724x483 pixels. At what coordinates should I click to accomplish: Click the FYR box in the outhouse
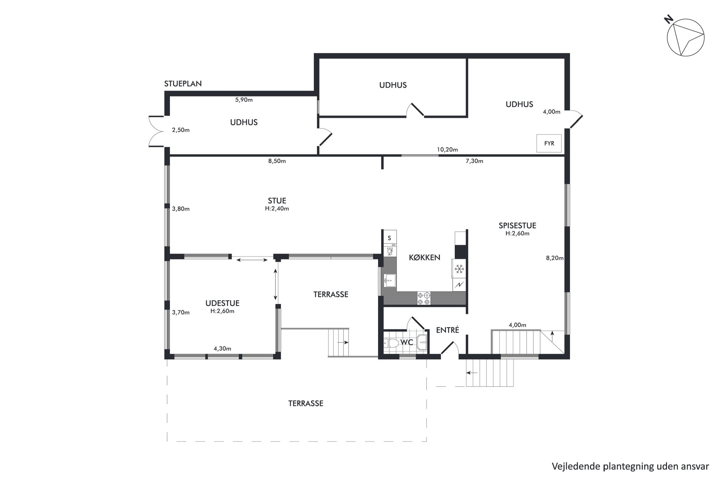[x=549, y=143]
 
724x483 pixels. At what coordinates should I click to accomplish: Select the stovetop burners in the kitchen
[x=424, y=298]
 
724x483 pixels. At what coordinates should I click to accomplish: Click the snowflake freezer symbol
[x=459, y=269]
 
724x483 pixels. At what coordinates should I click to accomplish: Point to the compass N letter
[x=669, y=19]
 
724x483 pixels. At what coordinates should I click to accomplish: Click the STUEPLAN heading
[x=183, y=84]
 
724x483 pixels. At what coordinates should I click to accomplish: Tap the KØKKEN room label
[x=424, y=257]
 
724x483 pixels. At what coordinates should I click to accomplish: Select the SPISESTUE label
[x=517, y=226]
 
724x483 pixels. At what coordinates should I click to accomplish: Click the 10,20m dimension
[x=447, y=149]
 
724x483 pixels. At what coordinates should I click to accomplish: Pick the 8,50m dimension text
[x=277, y=161]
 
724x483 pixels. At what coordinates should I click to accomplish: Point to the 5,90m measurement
[x=244, y=100]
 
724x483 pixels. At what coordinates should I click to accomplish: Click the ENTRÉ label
[x=447, y=330]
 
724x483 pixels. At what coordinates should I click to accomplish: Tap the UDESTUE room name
[x=222, y=303]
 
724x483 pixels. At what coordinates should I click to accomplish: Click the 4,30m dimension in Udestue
[x=222, y=349]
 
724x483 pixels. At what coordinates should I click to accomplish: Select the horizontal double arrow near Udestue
[x=252, y=260]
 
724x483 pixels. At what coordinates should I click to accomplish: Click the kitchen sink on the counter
[x=390, y=280]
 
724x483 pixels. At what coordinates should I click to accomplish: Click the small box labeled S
[x=390, y=238]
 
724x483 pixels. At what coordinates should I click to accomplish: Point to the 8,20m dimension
[x=555, y=258]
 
